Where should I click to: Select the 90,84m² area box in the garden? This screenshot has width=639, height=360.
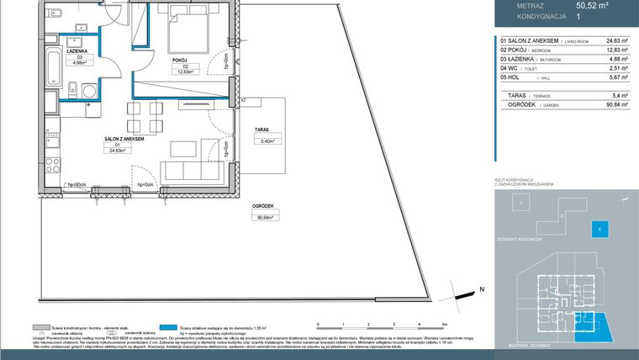266,216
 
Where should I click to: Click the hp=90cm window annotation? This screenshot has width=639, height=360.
77,184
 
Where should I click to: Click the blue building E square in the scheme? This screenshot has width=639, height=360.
599,227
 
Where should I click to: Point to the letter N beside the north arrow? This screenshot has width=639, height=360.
482,289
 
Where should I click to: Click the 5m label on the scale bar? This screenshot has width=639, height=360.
444,324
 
